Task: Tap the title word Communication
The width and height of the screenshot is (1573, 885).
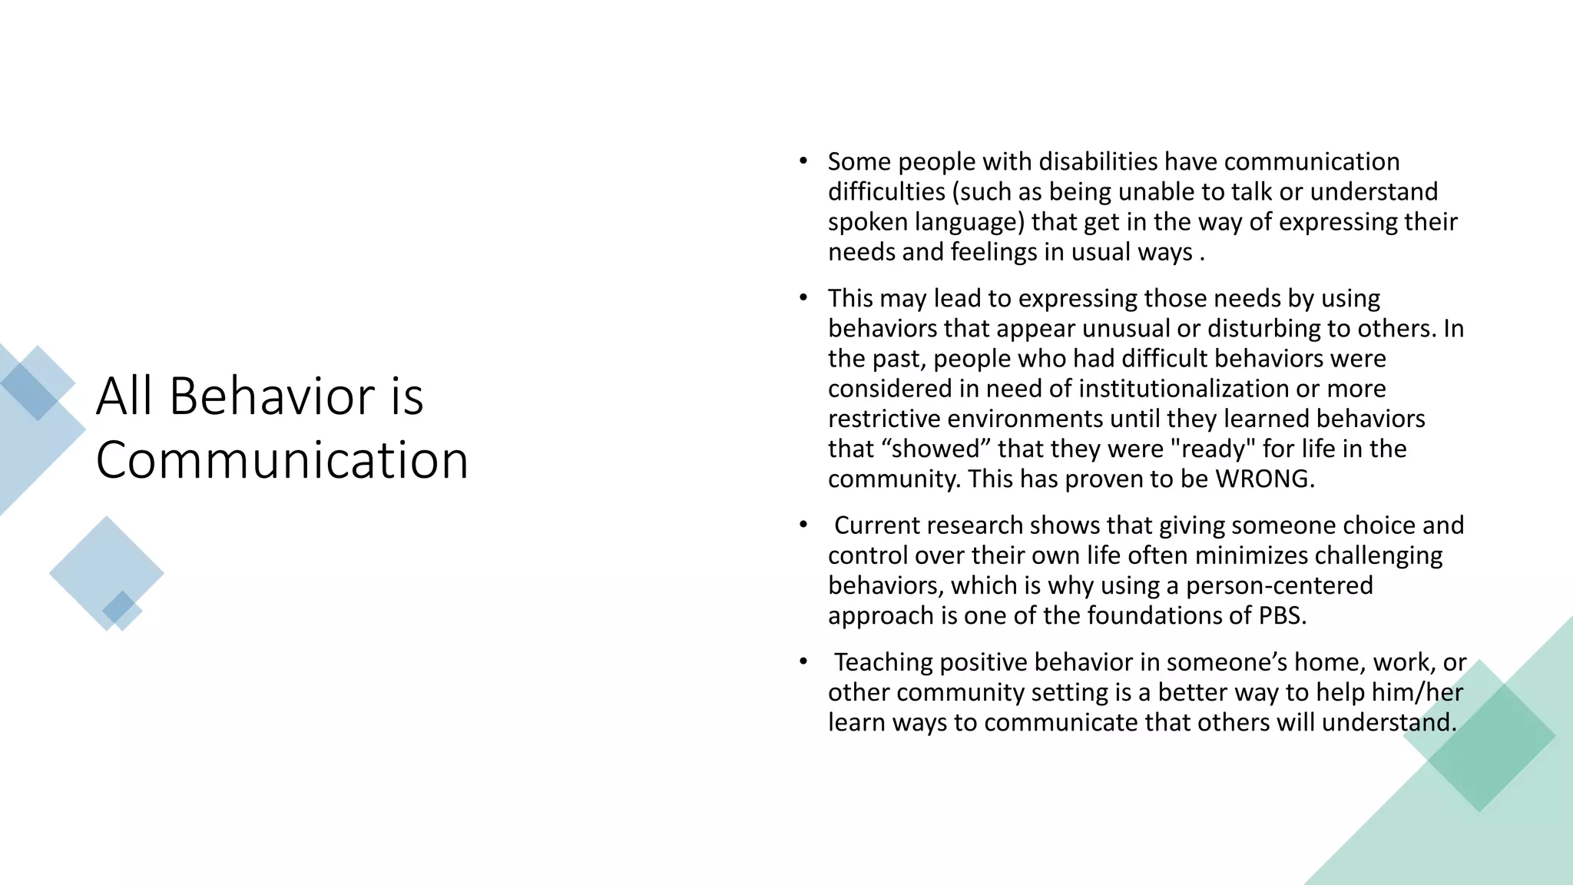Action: (282, 460)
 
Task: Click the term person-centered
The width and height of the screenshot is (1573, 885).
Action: (1279, 586)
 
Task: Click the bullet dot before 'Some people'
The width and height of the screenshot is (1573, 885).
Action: (803, 161)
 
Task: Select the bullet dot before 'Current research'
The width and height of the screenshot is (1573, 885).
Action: (803, 525)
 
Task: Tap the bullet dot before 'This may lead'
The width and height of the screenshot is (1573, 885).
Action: (803, 297)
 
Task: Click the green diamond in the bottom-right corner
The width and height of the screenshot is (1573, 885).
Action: (1479, 736)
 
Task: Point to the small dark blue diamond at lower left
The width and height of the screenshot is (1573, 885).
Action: (118, 607)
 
